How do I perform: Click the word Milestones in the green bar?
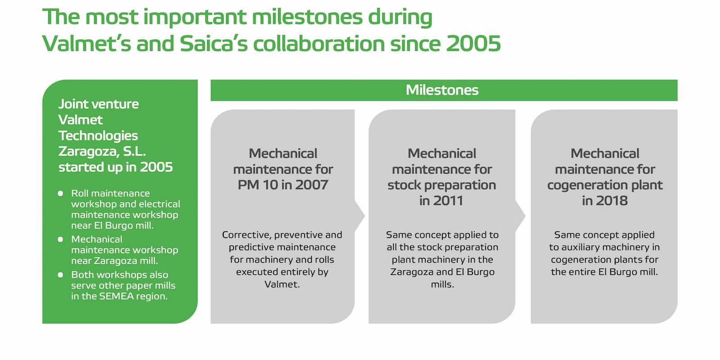click(x=442, y=90)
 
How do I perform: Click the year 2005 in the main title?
click(x=473, y=44)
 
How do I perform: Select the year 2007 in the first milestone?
click(x=311, y=185)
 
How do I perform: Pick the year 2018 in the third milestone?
click(x=610, y=201)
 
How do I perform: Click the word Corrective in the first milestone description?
click(x=246, y=235)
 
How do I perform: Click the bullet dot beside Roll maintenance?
click(x=61, y=193)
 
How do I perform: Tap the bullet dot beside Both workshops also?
click(x=61, y=275)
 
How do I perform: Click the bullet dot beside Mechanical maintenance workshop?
click(x=61, y=239)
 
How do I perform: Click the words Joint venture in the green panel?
click(x=99, y=104)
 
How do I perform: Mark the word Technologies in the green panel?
click(x=98, y=135)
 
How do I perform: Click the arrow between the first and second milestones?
click(x=360, y=216)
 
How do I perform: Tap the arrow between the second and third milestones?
click(x=520, y=216)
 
